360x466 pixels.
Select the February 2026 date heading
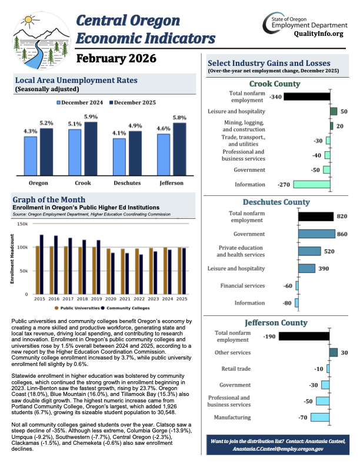click(x=116, y=59)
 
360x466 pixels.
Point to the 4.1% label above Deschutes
click(x=119, y=133)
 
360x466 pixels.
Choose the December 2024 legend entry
click(x=79, y=102)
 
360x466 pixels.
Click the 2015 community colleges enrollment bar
click(x=42, y=264)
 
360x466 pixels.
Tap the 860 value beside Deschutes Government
click(x=342, y=234)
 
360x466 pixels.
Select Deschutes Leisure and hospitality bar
click(x=306, y=268)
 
